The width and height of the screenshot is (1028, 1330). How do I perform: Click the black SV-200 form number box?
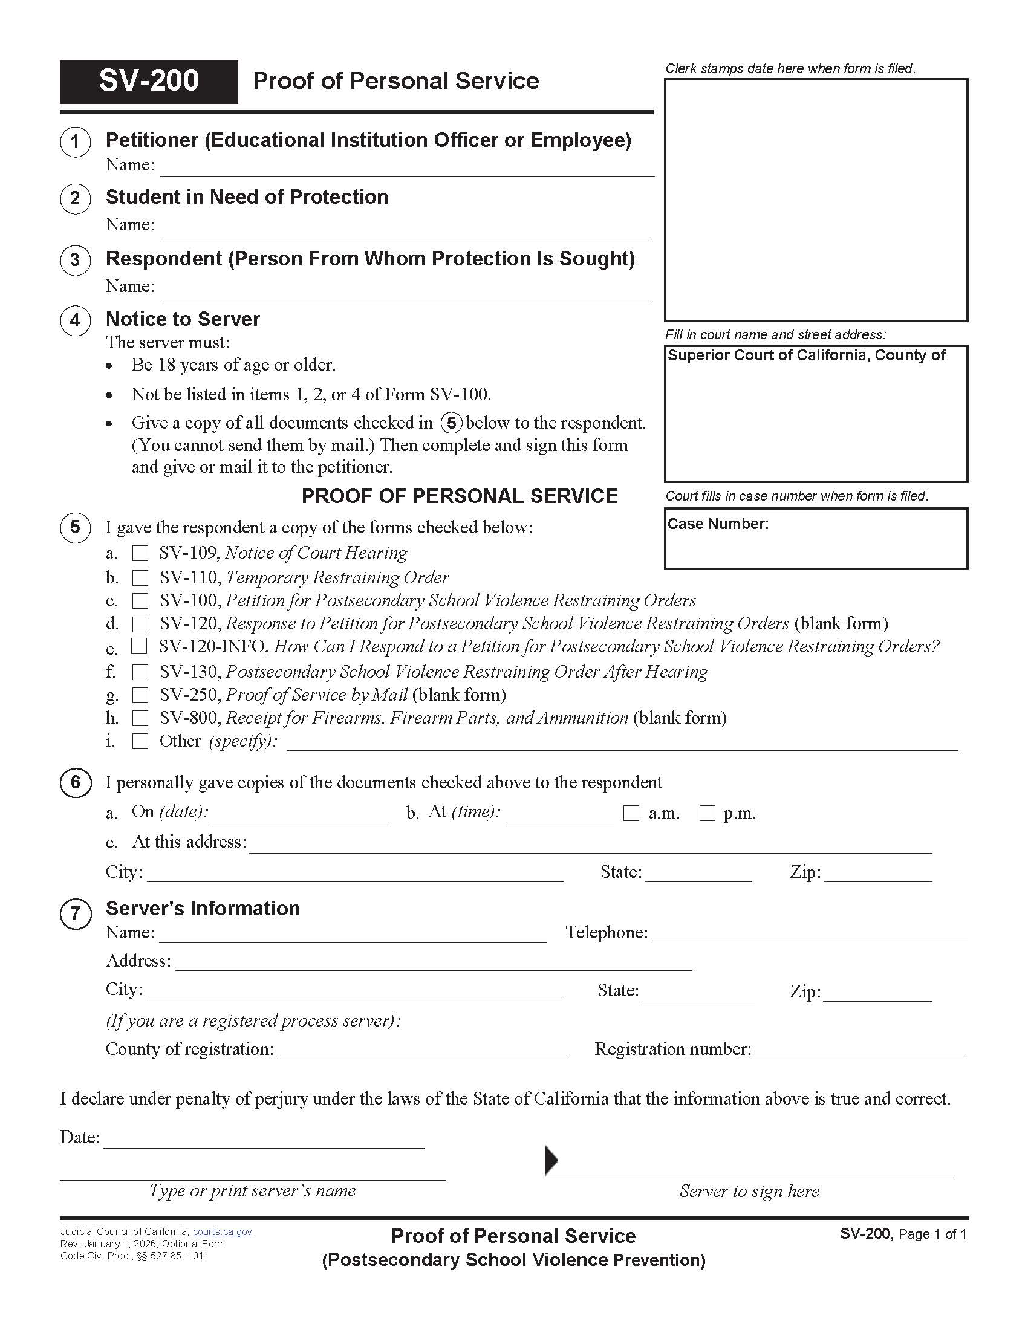[149, 82]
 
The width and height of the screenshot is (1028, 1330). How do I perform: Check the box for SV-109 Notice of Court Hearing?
[141, 553]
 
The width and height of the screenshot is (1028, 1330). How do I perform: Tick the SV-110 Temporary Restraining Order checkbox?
[141, 577]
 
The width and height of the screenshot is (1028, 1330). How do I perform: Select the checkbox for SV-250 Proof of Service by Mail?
[141, 695]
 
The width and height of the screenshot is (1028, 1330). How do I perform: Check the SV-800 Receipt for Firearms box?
[141, 718]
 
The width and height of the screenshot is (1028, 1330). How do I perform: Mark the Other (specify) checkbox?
[141, 741]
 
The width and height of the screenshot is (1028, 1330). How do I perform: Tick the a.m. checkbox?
[631, 813]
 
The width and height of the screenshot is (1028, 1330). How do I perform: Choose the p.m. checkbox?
[707, 813]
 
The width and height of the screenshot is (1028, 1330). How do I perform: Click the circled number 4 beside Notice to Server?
[75, 320]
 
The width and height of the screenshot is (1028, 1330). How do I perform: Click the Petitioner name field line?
[407, 167]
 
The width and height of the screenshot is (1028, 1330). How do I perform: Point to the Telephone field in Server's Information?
[809, 933]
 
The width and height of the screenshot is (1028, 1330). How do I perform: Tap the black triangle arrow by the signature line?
[550, 1160]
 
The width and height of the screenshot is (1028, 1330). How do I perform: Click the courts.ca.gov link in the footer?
[223, 1231]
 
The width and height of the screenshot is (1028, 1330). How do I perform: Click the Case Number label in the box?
[718, 524]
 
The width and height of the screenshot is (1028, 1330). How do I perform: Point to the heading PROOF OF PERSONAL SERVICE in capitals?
[460, 496]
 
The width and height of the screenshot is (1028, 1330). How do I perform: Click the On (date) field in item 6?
[301, 814]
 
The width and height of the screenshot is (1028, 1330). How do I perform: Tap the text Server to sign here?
[749, 1191]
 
